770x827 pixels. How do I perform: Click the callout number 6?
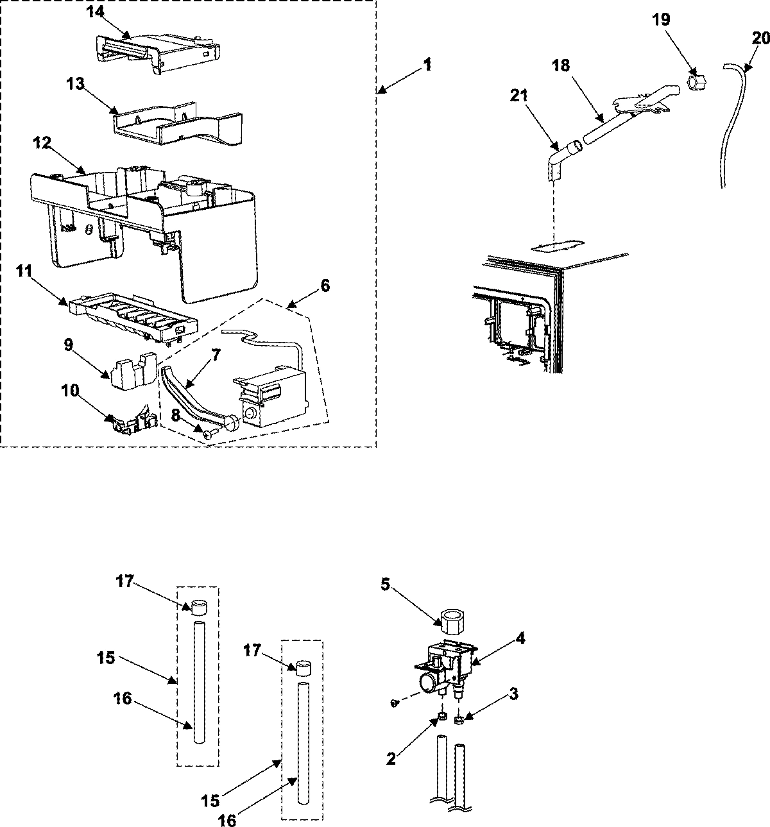325,286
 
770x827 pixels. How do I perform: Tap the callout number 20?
760,38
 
